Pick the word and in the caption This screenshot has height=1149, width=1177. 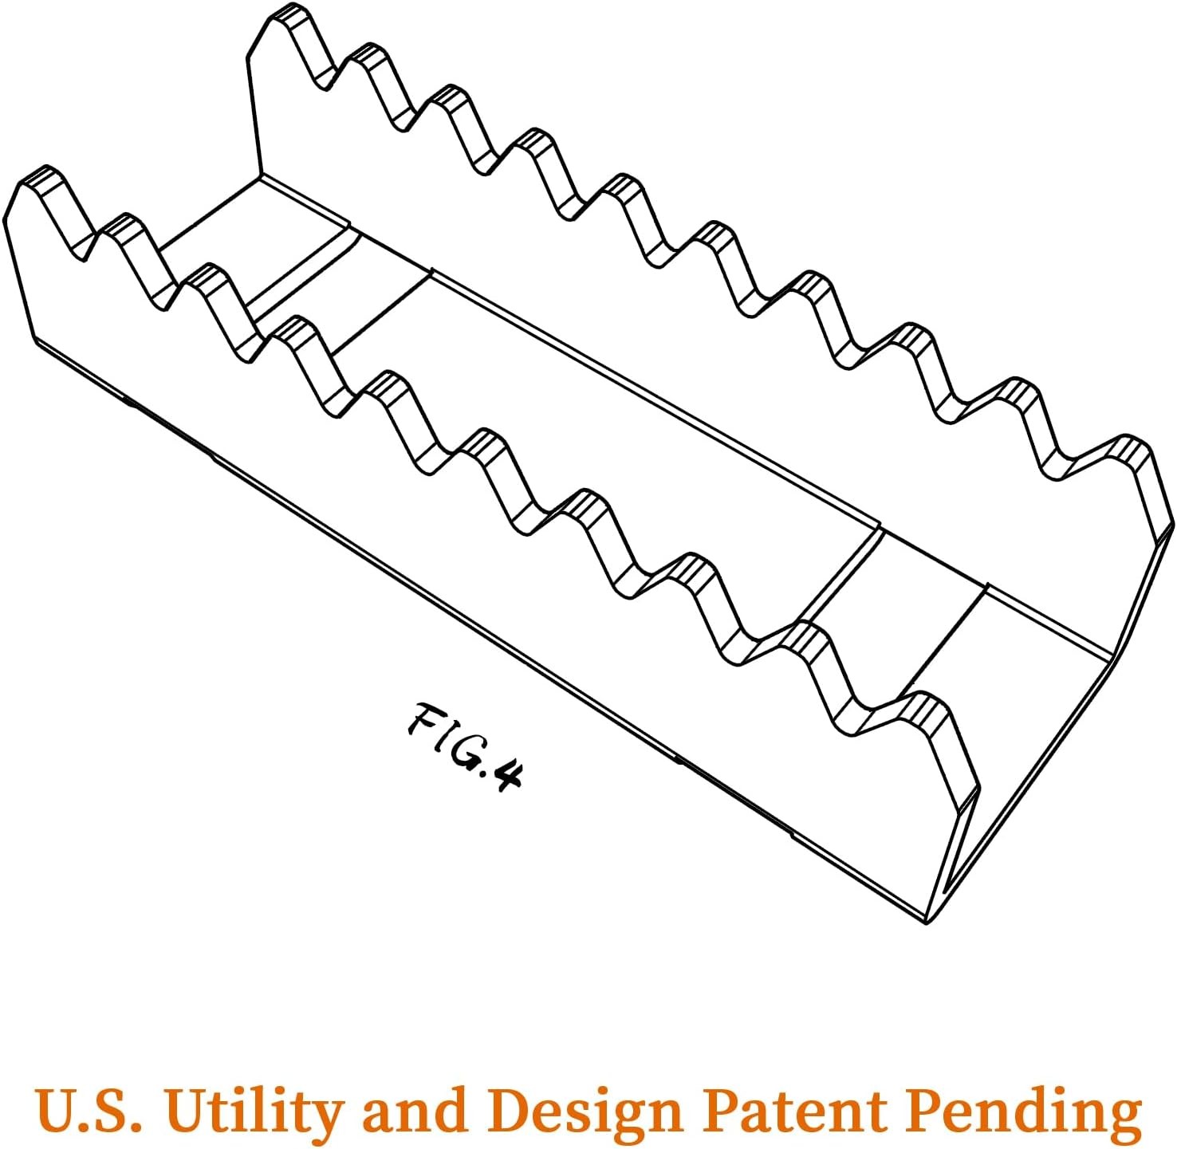(x=414, y=1108)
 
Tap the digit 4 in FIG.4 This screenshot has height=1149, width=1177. (x=506, y=773)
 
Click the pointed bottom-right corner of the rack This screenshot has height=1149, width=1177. (x=927, y=922)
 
